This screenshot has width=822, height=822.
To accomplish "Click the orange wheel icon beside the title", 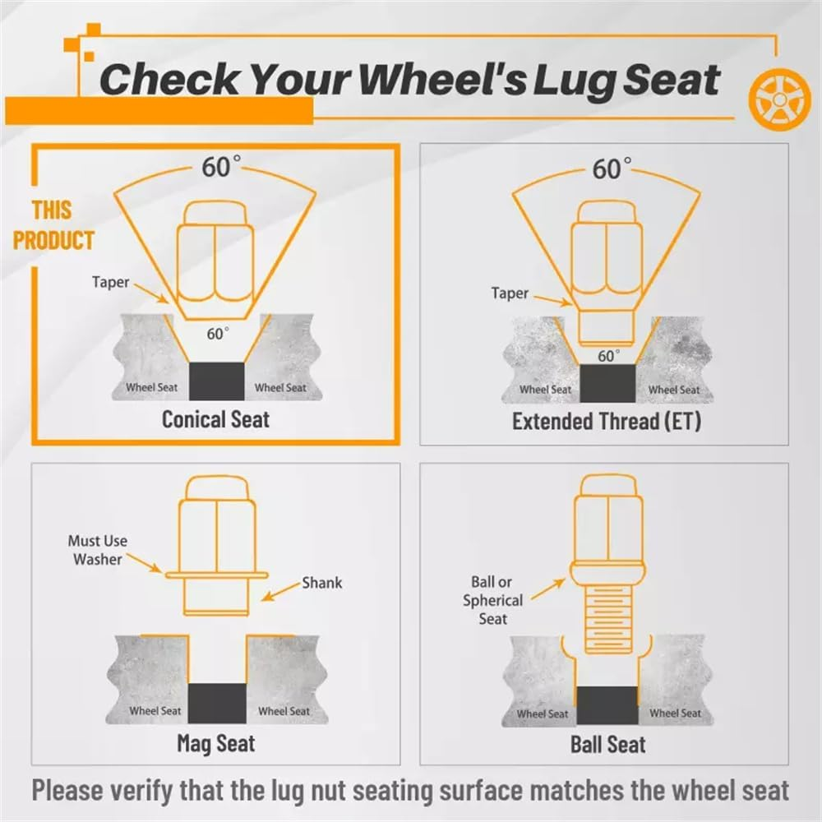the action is pyautogui.click(x=779, y=99).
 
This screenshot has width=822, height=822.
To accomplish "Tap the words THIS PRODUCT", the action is pyautogui.click(x=53, y=225).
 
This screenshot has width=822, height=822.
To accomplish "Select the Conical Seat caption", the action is pyautogui.click(x=215, y=419).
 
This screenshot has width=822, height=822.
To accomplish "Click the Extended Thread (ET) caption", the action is pyautogui.click(x=607, y=421).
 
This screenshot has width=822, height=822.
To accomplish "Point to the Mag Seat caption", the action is pyautogui.click(x=216, y=743).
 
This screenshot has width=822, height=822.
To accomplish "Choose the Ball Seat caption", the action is pyautogui.click(x=608, y=745).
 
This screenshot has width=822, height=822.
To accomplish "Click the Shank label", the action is pyautogui.click(x=322, y=583).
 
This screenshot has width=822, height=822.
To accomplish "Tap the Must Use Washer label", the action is pyautogui.click(x=98, y=550).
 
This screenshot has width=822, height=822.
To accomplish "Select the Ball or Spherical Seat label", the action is pyautogui.click(x=492, y=600).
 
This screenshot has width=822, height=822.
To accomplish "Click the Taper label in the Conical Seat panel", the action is pyautogui.click(x=111, y=282).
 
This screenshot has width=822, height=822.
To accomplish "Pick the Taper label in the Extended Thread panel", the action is pyautogui.click(x=510, y=293).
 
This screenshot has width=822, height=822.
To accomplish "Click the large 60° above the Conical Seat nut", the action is pyautogui.click(x=221, y=167).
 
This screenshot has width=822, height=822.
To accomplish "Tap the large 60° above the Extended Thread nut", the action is pyautogui.click(x=612, y=169).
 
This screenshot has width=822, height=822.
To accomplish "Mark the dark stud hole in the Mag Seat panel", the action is pyautogui.click(x=217, y=703).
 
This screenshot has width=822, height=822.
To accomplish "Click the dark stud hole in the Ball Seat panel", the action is pyautogui.click(x=607, y=705).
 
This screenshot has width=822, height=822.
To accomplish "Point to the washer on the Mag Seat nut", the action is pyautogui.click(x=216, y=575).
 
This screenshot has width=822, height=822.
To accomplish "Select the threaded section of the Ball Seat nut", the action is pyautogui.click(x=607, y=620).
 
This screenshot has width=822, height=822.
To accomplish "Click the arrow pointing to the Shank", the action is pyautogui.click(x=281, y=591).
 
